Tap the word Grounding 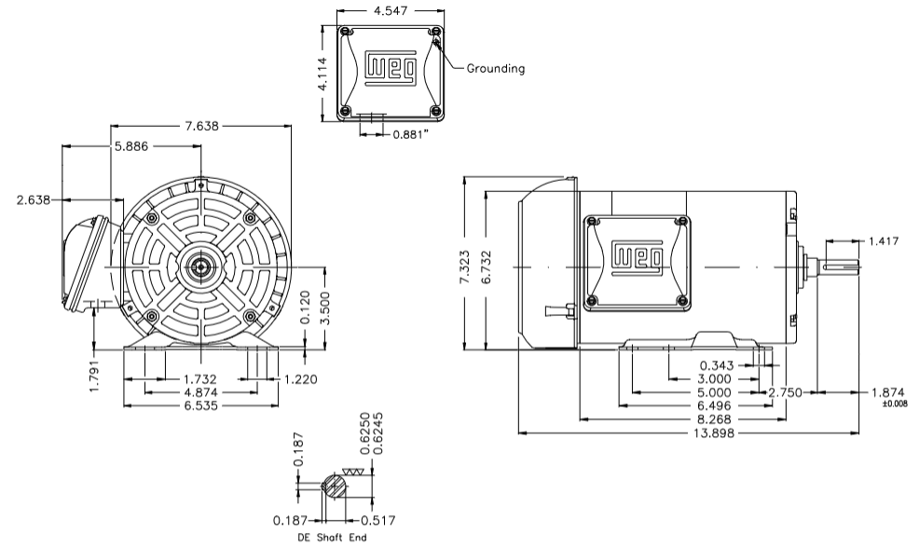coord(495,68)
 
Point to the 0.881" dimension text coord(411,133)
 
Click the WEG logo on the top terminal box coord(384,67)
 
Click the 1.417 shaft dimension coord(885,240)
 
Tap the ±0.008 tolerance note coord(893,403)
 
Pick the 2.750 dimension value coord(784,393)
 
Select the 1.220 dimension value coord(300,380)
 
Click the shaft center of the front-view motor coord(200,267)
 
